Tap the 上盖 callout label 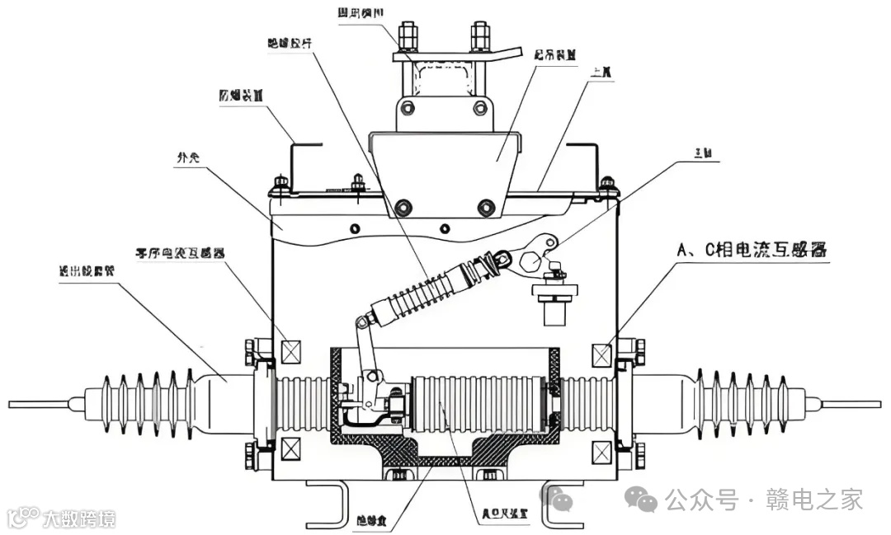click(601, 73)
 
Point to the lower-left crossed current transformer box click(290, 449)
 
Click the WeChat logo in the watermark click(639, 498)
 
